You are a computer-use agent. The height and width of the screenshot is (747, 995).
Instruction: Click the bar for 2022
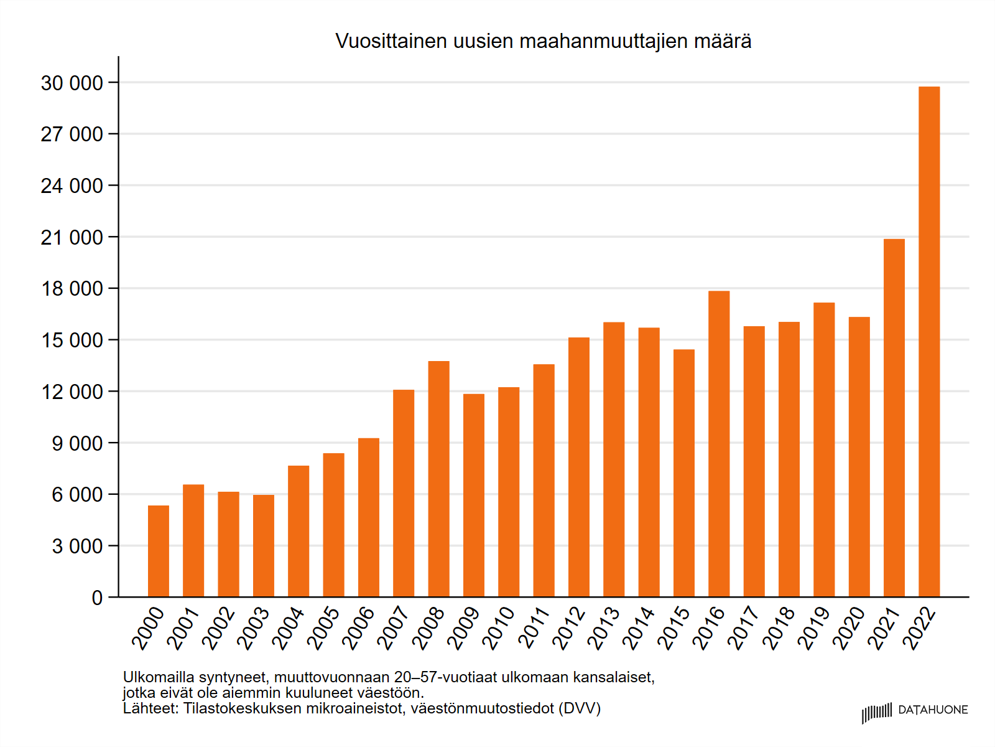click(929, 342)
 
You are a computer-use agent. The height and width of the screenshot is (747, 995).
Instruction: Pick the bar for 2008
click(439, 479)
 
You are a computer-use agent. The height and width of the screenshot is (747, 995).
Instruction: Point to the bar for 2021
click(894, 418)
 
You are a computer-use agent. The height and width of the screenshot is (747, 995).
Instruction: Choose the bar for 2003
click(264, 546)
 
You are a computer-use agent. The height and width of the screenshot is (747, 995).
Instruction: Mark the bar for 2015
click(684, 473)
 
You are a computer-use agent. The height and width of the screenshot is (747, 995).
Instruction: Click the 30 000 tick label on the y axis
click(72, 83)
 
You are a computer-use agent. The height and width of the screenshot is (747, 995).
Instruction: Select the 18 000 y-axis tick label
click(72, 289)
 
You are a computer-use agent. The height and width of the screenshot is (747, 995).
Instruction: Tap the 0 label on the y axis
click(97, 598)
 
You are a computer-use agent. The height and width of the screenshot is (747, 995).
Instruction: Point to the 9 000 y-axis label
click(77, 443)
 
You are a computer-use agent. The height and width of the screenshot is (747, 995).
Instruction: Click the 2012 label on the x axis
click(569, 629)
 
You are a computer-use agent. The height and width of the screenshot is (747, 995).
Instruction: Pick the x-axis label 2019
click(814, 629)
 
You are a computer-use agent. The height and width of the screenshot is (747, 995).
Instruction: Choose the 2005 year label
click(324, 629)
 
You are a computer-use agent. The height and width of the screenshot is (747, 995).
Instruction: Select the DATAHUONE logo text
click(933, 710)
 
